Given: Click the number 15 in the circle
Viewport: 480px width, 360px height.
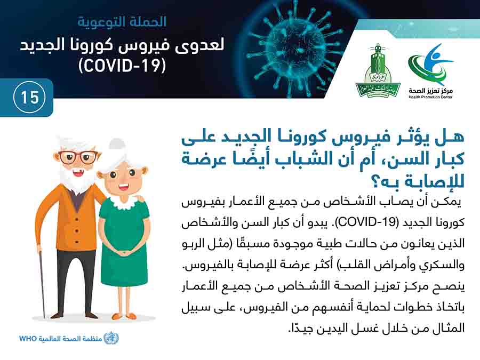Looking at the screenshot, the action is tap(30, 98).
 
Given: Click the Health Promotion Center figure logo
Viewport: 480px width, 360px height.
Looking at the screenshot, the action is tap(431, 65).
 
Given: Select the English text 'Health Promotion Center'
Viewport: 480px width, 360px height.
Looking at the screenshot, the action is tap(430, 97).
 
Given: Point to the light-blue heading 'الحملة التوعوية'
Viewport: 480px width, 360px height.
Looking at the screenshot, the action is tap(122, 22).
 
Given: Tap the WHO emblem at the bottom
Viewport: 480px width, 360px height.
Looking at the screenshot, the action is tap(111, 338).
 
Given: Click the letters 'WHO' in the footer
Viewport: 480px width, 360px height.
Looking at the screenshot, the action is tap(28, 339).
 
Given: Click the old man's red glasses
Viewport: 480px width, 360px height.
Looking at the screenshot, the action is tap(77, 157).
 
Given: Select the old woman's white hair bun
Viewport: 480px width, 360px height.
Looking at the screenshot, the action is tap(116, 145).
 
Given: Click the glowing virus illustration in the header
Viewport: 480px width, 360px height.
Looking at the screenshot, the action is tap(293, 46).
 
